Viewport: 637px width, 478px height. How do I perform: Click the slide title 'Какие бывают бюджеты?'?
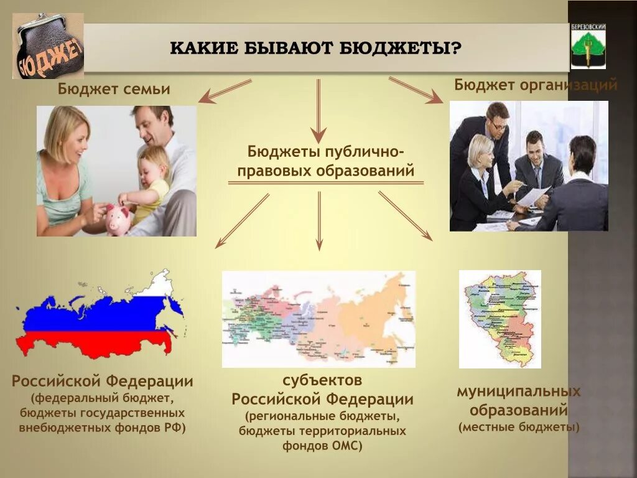coord(317,48)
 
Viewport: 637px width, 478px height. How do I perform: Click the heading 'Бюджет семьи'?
coord(114,89)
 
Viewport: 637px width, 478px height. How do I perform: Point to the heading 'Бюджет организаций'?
coord(536,85)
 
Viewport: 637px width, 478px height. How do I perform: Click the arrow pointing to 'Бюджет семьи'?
coord(224,91)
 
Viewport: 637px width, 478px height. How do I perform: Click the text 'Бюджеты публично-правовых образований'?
coord(326,161)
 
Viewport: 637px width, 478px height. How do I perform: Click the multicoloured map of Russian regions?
coord(318,319)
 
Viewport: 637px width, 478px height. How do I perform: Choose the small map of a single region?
coord(500,319)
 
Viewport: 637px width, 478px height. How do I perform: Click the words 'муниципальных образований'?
coord(518,401)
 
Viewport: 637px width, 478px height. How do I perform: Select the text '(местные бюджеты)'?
coord(519,428)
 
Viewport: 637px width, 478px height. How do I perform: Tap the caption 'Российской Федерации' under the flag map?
coord(102,381)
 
